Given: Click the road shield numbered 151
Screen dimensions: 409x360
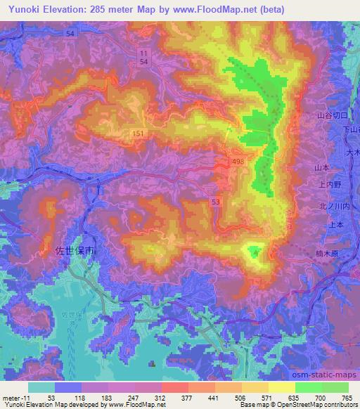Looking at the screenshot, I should click(138, 133).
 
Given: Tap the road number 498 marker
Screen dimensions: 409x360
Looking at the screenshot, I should click(239, 163).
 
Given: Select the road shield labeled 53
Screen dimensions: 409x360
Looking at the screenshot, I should click(216, 202).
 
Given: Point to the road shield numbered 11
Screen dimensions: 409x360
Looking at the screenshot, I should click(143, 53).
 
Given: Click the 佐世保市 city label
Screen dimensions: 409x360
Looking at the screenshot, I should click(74, 249).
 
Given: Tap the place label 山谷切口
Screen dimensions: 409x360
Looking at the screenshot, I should click(332, 115).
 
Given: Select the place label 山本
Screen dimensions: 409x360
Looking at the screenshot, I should click(323, 168).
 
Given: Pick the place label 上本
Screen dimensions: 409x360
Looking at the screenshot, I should click(337, 224).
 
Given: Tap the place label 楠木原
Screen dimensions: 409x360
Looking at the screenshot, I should click(332, 252).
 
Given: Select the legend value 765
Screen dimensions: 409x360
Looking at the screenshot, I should click(347, 397).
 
